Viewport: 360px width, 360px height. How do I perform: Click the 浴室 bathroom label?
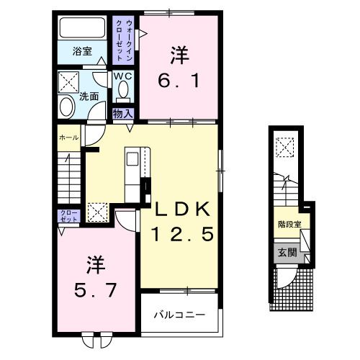(82, 51)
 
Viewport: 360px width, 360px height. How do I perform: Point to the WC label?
(120, 75)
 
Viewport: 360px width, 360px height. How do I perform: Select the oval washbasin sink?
(66, 107)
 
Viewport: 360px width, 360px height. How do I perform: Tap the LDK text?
(182, 210)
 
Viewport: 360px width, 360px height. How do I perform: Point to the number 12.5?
(182, 235)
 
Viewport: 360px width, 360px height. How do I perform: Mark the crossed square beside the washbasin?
(70, 80)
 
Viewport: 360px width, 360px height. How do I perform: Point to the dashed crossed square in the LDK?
(96, 212)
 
